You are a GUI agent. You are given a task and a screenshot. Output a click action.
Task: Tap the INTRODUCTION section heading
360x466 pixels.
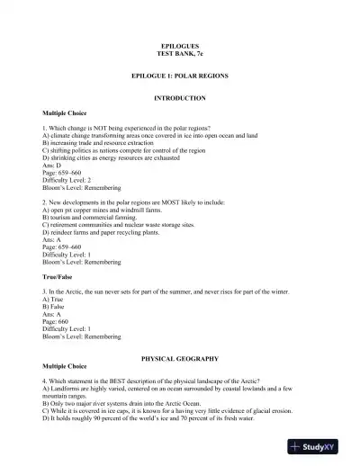tap(180, 97)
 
